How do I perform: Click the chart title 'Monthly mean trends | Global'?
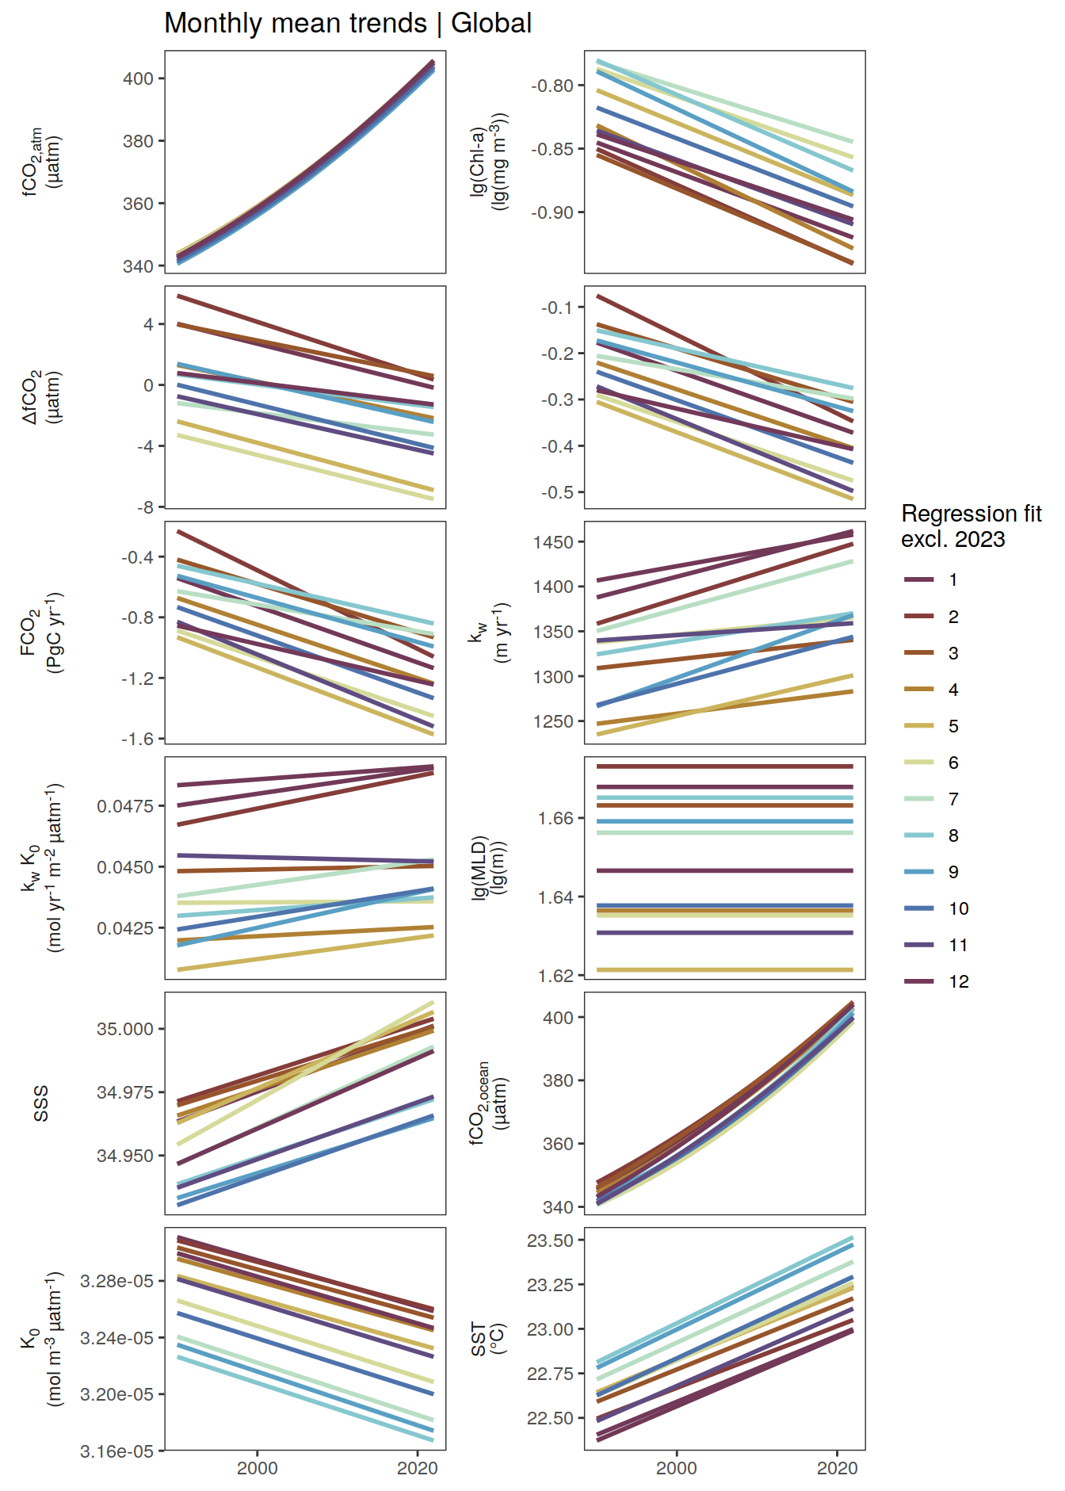tap(348, 23)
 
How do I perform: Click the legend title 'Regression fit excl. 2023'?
tap(971, 526)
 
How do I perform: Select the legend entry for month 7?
tap(934, 799)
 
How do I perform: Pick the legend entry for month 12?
tap(934, 981)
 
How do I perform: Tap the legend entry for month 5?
tap(934, 726)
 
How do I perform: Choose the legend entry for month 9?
tap(934, 872)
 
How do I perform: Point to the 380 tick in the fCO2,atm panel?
tap(138, 141)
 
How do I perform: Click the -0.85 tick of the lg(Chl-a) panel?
tap(552, 149)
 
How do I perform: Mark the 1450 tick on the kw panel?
tap(553, 542)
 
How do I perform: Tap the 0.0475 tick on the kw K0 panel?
tap(125, 806)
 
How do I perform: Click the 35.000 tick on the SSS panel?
tap(125, 1029)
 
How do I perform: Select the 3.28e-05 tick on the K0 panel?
tap(117, 1281)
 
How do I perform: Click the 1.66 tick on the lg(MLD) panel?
tap(555, 818)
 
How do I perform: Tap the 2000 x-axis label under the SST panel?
tap(677, 1468)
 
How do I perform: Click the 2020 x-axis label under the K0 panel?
tap(418, 1468)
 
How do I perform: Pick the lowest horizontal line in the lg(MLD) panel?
tap(724, 969)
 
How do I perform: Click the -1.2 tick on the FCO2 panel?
tap(138, 679)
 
